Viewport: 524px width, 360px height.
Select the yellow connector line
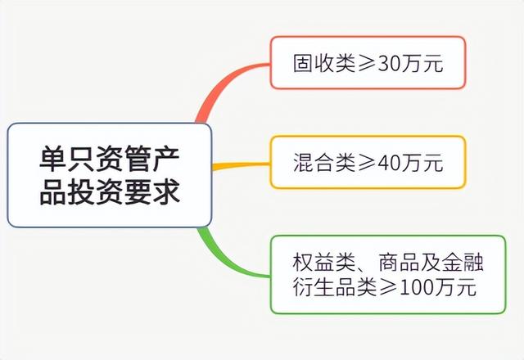[241, 165]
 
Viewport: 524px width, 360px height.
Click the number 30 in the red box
[390, 64]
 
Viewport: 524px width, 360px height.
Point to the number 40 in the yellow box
[390, 163]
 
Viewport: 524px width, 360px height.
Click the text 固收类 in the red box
[324, 63]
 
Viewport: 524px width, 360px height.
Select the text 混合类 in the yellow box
[324, 163]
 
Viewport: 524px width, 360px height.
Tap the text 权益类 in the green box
[323, 263]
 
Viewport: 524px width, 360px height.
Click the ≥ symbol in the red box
[367, 64]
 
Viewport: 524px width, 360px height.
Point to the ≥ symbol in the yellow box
[367, 164]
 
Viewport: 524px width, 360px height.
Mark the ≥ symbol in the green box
[388, 288]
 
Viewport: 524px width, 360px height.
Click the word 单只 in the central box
[67, 159]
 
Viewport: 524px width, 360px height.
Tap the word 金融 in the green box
[463, 263]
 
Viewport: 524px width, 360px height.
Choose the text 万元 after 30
[422, 63]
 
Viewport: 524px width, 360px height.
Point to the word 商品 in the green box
[399, 263]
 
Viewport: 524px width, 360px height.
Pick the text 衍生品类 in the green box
[335, 287]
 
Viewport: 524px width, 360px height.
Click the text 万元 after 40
[422, 163]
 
